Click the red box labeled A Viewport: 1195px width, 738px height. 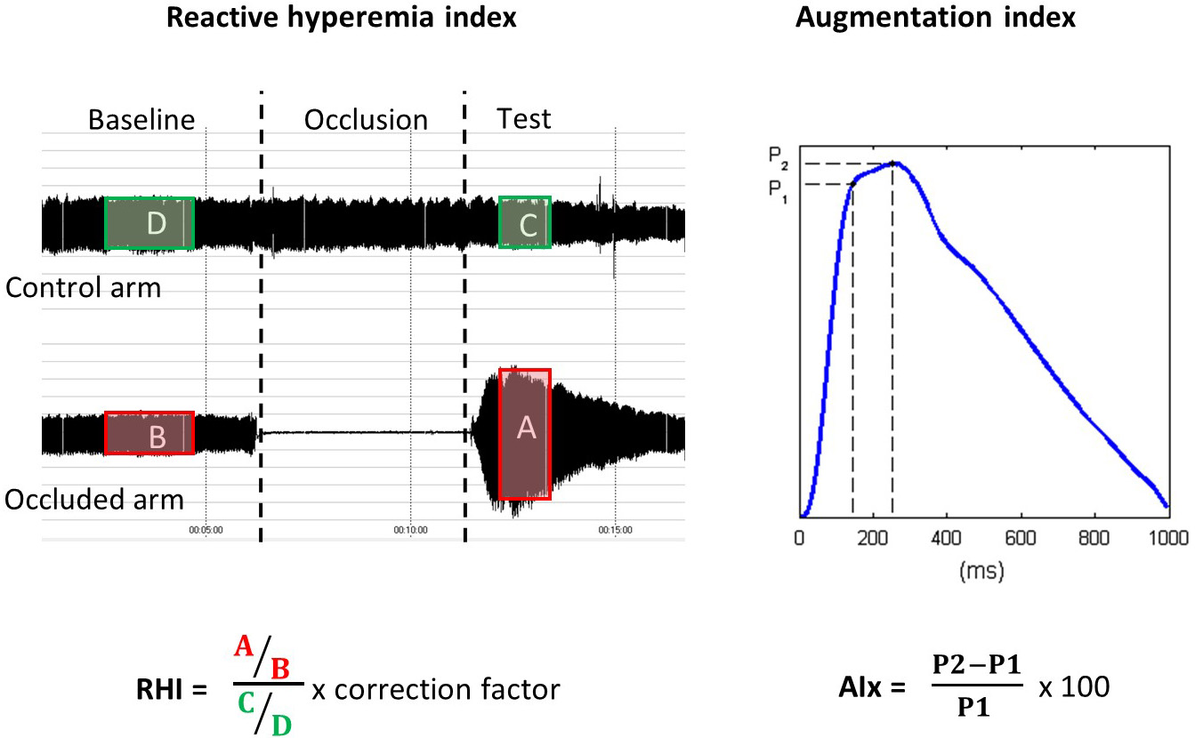(525, 433)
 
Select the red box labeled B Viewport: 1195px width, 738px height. (149, 433)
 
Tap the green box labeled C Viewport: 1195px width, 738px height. (525, 222)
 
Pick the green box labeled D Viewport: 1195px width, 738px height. (149, 223)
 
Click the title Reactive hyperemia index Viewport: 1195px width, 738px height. (342, 18)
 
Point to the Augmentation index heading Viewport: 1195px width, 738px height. (935, 18)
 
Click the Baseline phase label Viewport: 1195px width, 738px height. (141, 119)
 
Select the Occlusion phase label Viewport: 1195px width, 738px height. (366, 120)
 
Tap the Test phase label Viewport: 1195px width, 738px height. (524, 118)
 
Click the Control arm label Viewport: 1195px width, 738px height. (83, 287)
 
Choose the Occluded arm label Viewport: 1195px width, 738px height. (94, 499)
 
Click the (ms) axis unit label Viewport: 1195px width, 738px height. (982, 570)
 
